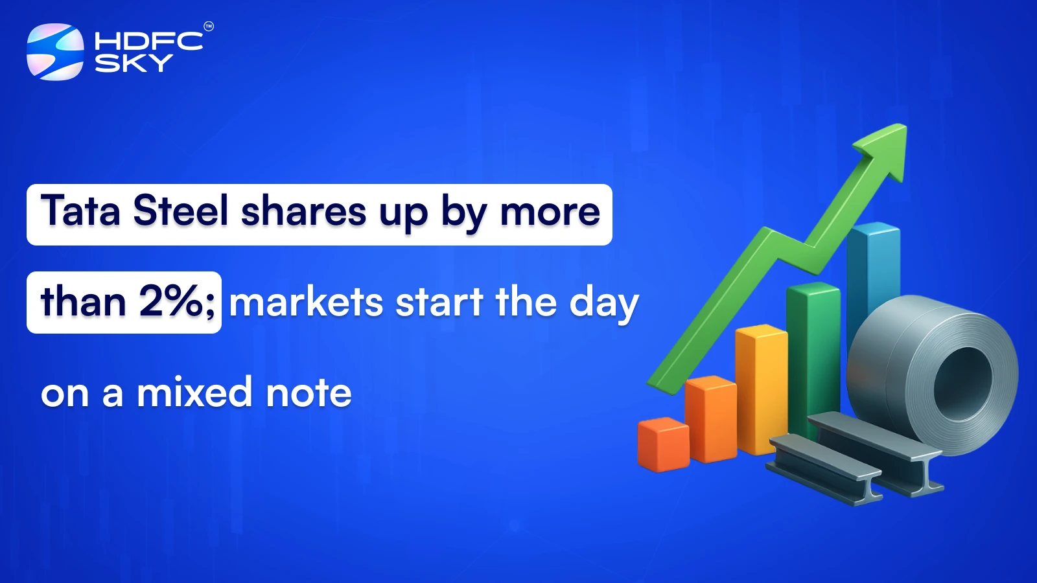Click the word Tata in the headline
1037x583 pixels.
(x=81, y=212)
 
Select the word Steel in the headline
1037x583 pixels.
(x=181, y=212)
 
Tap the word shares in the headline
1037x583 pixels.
(x=303, y=212)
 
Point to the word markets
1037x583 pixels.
(x=306, y=303)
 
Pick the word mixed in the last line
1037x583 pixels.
(x=194, y=393)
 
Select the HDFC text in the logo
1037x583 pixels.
(x=148, y=41)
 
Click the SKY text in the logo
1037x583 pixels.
(x=134, y=63)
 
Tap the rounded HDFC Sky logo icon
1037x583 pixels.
(x=55, y=52)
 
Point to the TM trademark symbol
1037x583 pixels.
(x=209, y=27)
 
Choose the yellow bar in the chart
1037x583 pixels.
(x=760, y=389)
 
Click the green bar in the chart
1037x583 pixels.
(x=811, y=350)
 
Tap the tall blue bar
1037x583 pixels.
(x=872, y=272)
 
